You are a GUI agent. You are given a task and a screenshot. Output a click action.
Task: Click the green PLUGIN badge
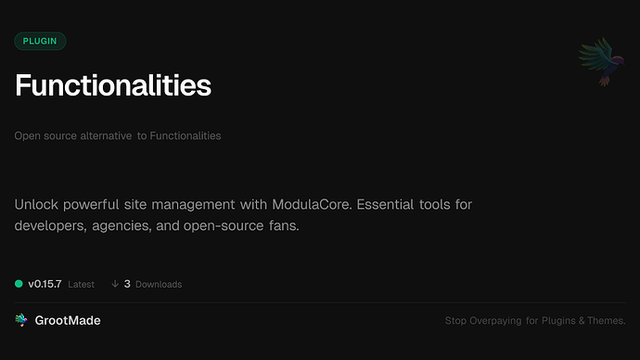coord(40,41)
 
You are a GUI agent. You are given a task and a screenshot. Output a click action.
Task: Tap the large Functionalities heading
coord(113,86)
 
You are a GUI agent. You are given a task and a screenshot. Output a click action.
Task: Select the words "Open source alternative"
coord(72,136)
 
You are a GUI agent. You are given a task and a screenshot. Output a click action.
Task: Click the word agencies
coord(138,225)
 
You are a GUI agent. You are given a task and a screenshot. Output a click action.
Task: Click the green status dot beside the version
coord(19,284)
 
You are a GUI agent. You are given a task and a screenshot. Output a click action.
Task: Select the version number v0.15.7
coord(45,284)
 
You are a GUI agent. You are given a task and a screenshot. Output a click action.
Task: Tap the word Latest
coord(81,285)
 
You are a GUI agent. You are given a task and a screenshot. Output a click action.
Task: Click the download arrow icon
coord(115,284)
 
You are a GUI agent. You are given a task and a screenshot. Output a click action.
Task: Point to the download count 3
coord(127,284)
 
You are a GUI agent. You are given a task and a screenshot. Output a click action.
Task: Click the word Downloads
coord(159,285)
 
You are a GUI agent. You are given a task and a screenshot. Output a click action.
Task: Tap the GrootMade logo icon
coord(21,320)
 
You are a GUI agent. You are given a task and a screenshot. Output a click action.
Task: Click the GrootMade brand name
coord(70,320)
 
